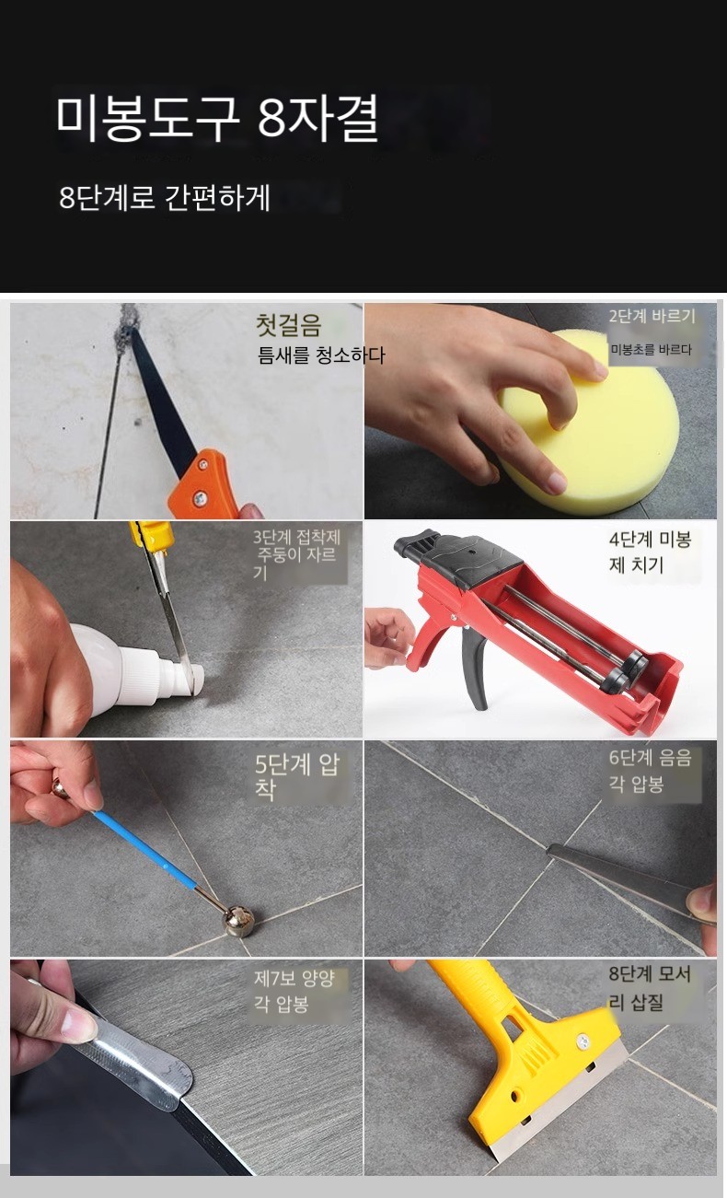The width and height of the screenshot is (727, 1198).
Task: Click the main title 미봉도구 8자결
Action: (217, 118)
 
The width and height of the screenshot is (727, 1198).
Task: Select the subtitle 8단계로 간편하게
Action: (165, 197)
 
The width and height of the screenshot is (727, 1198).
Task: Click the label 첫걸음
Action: (289, 325)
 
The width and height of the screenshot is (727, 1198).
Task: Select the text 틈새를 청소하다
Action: (321, 355)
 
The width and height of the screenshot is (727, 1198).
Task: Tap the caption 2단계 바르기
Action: (652, 316)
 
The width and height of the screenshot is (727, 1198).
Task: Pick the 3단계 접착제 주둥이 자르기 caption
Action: (296, 554)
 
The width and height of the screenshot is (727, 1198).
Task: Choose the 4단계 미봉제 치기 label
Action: (650, 552)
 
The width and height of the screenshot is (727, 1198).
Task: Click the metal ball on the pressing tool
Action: (237, 921)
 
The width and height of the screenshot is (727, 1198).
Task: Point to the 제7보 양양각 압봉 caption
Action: (294, 992)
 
